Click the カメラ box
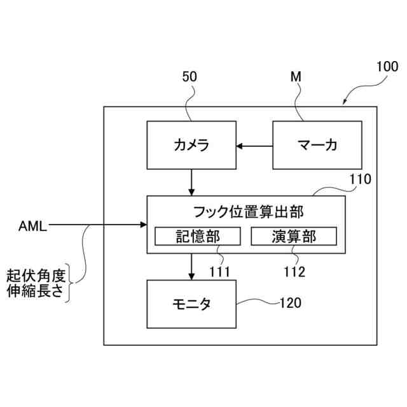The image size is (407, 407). point(191,146)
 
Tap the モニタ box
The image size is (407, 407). point(191,304)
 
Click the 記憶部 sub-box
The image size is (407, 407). point(198,237)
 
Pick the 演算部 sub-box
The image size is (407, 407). point(293,237)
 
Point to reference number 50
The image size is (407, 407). point(190,77)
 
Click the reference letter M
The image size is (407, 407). point(296,77)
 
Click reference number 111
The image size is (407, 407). point(219,272)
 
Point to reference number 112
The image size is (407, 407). point(294,272)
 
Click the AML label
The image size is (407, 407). point(32,224)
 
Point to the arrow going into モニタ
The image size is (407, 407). point(191,267)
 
